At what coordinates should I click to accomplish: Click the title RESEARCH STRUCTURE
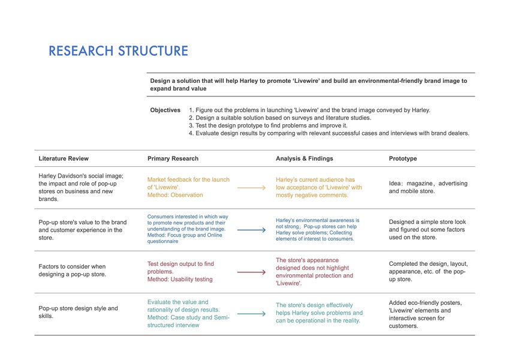(x=118, y=51)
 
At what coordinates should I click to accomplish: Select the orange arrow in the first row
(x=251, y=188)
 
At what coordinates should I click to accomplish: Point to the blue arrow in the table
(x=251, y=230)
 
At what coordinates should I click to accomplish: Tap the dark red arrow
(x=251, y=272)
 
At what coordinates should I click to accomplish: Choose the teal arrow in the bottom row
(x=251, y=313)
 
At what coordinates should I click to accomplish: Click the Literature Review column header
(x=64, y=159)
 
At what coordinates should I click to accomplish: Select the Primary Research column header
(x=173, y=159)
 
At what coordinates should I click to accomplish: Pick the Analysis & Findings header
(x=304, y=159)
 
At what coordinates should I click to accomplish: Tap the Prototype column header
(x=403, y=159)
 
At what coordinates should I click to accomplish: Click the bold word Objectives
(x=165, y=110)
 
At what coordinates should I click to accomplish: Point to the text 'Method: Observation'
(x=175, y=195)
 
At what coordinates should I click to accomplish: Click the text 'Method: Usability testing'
(x=180, y=279)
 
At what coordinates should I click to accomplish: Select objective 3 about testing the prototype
(x=268, y=125)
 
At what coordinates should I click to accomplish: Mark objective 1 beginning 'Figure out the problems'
(x=309, y=110)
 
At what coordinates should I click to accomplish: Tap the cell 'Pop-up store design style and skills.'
(x=78, y=312)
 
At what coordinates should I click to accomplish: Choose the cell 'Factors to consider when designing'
(x=72, y=270)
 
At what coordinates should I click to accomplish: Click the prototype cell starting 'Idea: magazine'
(x=428, y=187)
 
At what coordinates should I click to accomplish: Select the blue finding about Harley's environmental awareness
(x=318, y=230)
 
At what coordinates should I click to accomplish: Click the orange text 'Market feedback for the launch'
(x=188, y=179)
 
